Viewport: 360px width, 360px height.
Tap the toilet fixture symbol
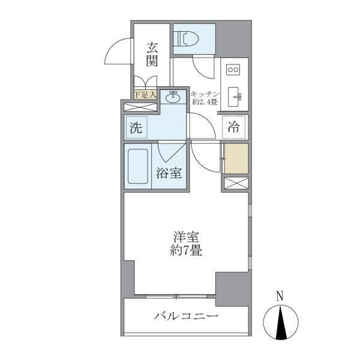pos(185,39)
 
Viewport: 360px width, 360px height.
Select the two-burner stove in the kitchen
pos(232,70)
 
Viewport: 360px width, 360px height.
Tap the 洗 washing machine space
pos(136,127)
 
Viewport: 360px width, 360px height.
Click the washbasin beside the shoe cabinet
pos(173,95)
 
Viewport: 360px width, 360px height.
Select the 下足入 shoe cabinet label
pos(145,94)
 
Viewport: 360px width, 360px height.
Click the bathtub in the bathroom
pos(137,166)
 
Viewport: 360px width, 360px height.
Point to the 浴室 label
pos(169,173)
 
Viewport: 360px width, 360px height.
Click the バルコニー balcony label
pos(185,316)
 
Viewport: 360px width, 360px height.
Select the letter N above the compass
pos(280,296)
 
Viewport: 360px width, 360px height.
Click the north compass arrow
pos(280,323)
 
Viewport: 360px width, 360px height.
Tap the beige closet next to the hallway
pos(235,158)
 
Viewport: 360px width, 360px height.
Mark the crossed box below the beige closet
pos(234,184)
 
